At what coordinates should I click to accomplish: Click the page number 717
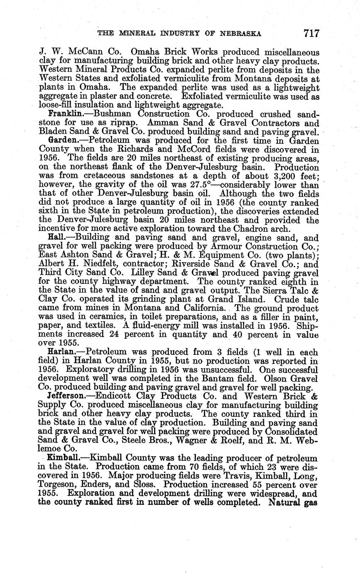click(311, 33)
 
